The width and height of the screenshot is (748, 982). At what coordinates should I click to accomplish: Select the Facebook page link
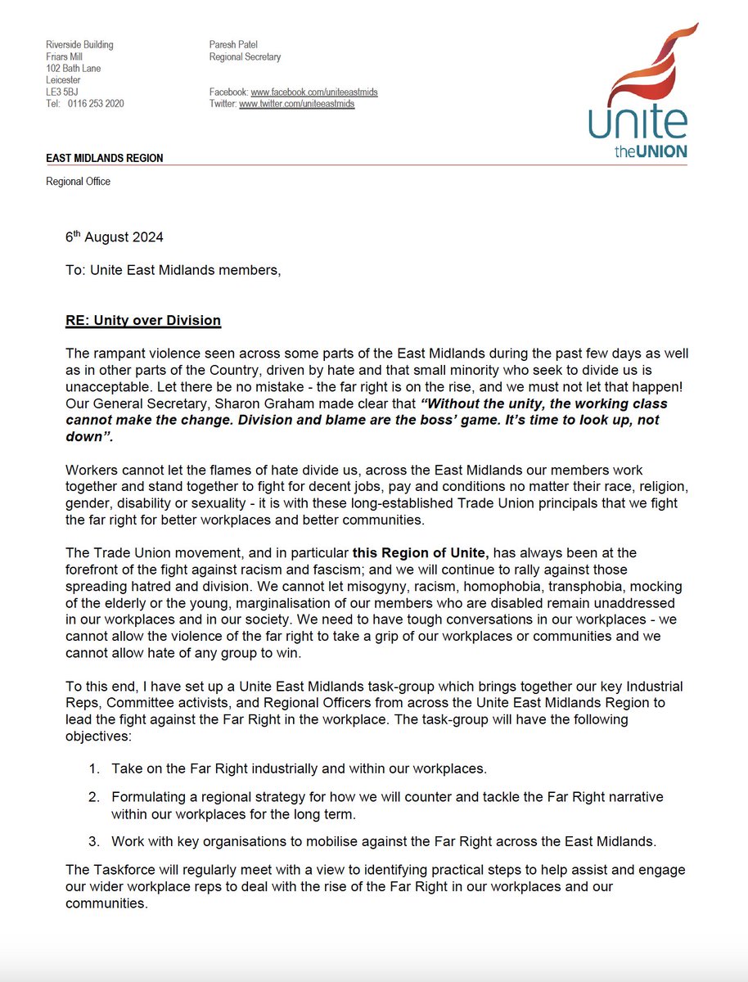(314, 92)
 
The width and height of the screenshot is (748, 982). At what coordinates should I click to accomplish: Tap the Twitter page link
(296, 105)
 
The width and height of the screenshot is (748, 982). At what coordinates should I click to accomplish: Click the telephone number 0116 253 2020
(97, 104)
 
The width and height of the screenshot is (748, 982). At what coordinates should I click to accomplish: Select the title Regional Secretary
(245, 57)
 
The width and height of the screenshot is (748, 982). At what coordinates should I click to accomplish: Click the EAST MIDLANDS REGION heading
(104, 158)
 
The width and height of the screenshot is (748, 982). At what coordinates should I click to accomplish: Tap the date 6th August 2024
(115, 237)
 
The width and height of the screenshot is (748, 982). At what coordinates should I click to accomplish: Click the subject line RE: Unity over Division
(143, 320)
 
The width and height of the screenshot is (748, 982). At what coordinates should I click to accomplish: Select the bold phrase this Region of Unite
(420, 554)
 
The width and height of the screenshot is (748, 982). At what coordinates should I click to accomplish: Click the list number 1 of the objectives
(94, 768)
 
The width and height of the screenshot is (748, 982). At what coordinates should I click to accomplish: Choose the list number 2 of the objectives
(94, 795)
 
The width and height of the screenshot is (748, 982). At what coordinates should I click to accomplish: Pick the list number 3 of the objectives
(94, 840)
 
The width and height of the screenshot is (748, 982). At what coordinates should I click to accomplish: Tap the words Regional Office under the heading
(78, 181)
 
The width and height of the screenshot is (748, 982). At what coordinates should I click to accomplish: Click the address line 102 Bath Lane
(74, 69)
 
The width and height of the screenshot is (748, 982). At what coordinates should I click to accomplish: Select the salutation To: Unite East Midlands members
(173, 270)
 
